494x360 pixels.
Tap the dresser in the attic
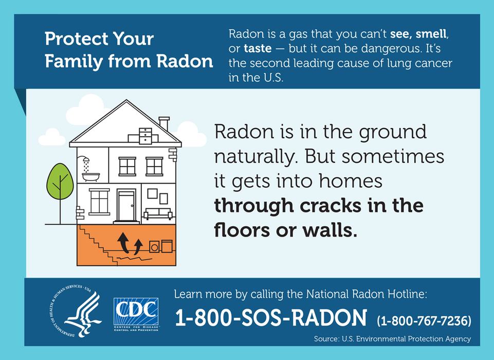pyautogui.click(x=146, y=134)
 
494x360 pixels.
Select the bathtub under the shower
pyautogui.click(x=91, y=178)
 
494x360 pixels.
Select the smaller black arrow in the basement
pyautogui.click(x=138, y=246)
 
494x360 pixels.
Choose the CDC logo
pyautogui.click(x=136, y=312)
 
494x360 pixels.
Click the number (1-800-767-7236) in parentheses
pyautogui.click(x=424, y=321)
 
